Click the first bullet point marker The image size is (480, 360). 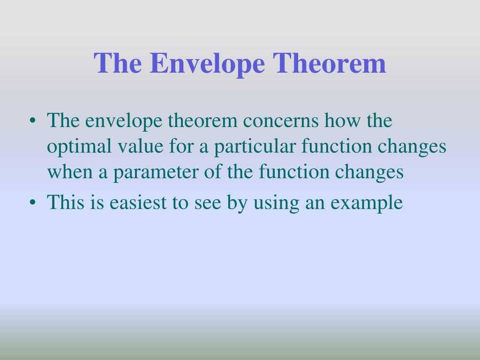pos(32,122)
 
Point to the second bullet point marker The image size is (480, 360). pos(32,203)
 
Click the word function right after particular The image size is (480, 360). pos(333,147)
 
